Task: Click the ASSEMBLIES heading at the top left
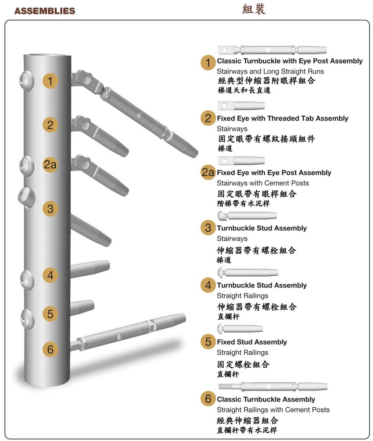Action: point(44,11)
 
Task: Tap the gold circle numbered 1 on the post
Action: point(50,81)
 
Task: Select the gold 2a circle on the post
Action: point(50,165)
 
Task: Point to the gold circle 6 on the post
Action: point(50,349)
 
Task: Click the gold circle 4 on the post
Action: point(50,275)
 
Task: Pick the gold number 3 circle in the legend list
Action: point(208,228)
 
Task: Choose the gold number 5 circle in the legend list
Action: point(208,342)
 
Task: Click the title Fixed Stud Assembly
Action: point(252,342)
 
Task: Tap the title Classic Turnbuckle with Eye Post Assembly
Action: point(290,61)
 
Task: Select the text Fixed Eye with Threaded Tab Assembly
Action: point(282,118)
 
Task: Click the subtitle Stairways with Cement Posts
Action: point(262,183)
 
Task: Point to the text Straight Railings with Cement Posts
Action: point(273,409)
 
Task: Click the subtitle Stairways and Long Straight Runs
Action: point(270,71)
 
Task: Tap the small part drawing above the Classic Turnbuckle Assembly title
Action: point(273,386)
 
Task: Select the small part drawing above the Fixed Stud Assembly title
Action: point(240,328)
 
